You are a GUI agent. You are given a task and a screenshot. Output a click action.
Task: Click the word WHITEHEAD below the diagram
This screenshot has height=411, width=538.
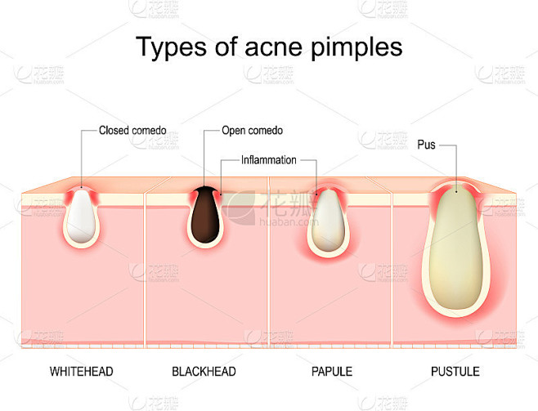click(x=81, y=372)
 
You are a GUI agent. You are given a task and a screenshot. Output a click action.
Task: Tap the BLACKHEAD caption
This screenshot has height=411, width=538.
click(x=204, y=372)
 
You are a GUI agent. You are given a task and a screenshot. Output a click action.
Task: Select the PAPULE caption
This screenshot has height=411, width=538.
click(x=332, y=372)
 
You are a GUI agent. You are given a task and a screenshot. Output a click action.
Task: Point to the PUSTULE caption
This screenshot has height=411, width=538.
click(x=455, y=372)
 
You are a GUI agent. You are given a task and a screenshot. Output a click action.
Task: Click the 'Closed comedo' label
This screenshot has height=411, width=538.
click(x=132, y=130)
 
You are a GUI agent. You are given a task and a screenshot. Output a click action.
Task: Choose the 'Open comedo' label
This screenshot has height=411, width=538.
click(x=252, y=130)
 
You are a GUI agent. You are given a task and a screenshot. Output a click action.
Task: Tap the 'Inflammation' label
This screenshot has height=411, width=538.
click(x=269, y=160)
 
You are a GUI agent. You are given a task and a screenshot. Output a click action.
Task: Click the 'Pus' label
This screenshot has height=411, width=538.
click(x=426, y=145)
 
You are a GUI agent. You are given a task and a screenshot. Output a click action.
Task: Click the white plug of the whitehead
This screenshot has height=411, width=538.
click(x=81, y=216)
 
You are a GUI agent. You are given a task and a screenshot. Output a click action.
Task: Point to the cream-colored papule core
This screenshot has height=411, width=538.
click(x=329, y=220)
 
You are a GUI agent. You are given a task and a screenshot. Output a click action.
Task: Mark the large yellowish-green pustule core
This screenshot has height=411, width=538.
click(x=455, y=247)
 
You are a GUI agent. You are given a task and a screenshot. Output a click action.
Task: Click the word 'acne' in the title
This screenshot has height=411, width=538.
click(x=273, y=47)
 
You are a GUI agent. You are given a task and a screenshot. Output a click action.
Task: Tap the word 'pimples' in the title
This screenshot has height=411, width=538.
click(x=356, y=48)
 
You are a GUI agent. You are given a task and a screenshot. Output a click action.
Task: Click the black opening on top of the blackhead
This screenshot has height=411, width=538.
click(x=205, y=190)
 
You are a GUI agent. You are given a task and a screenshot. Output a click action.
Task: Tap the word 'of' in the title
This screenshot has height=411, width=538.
click(x=226, y=46)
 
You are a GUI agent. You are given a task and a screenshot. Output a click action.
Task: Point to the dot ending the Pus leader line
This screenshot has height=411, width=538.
click(x=456, y=192)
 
